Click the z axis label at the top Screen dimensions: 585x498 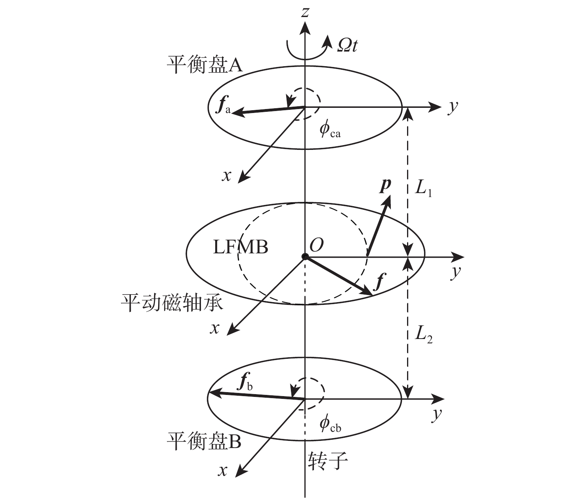305,13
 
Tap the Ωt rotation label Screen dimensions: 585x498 347,45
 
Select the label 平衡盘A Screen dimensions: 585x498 205,64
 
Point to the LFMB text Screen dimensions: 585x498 240,247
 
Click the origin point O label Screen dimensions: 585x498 316,245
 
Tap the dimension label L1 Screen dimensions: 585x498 423,188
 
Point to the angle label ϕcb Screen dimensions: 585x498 330,424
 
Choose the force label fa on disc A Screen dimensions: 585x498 223,107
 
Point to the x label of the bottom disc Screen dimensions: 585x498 223,471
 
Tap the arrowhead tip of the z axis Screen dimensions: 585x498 305,21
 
